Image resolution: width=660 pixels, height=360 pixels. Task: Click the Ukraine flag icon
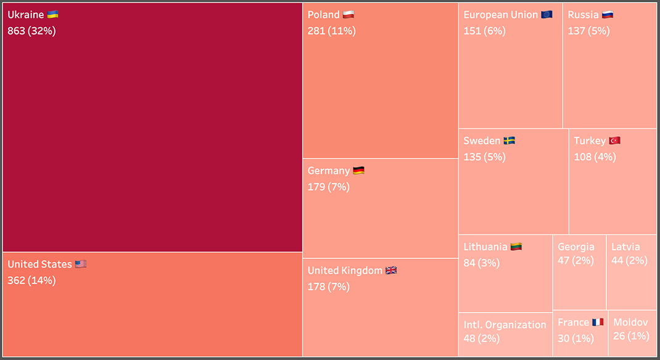pos(52,14)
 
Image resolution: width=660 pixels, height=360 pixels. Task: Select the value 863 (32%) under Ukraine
pos(31,30)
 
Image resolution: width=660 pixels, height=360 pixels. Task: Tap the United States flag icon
pos(81,264)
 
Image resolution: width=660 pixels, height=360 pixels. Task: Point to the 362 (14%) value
pos(31,280)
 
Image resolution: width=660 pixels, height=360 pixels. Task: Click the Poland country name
pos(323,14)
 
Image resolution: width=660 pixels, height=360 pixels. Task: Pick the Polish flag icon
pos(349,14)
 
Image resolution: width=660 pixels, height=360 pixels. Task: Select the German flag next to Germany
pos(358,170)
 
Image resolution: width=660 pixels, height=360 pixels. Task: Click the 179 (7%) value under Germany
pos(328,187)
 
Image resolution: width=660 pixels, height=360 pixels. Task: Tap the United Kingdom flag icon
pos(391,270)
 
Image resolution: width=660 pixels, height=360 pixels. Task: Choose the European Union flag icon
pos(547,14)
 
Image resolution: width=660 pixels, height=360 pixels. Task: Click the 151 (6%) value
pos(484,30)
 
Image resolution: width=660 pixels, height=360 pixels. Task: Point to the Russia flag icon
pos(608,14)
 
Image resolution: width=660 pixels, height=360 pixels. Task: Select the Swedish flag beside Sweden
pos(509,141)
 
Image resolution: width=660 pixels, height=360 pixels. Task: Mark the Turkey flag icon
pos(614,141)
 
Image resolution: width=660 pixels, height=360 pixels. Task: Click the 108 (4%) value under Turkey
pos(595,157)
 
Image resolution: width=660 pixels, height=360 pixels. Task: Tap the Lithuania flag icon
pos(516,247)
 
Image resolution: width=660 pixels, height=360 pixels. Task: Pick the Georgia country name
pos(576,247)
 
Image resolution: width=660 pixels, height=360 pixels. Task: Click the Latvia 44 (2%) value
pos(629,260)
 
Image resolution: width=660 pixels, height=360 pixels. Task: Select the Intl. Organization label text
pos(505,324)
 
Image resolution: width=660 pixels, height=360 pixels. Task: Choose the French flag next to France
pos(598,322)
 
